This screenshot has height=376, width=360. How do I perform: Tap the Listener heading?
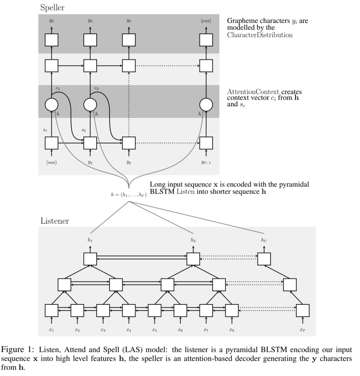pos(54,221)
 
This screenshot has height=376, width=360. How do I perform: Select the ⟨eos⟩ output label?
pos(206,21)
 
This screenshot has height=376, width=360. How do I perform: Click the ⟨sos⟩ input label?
pos(51,162)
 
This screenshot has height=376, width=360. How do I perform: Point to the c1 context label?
pos(58,89)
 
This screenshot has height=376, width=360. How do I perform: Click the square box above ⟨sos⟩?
pos(51,143)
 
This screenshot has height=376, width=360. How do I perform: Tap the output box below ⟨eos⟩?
pos(206,40)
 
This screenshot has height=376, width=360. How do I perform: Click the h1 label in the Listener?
pos(90,240)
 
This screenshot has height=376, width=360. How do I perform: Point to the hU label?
pos(264,240)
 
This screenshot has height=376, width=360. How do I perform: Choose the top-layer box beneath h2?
pos(193,259)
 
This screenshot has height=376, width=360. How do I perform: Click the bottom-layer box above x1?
pos(51,310)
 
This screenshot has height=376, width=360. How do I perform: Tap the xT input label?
pos(302,330)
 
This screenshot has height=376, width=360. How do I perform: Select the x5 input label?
pos(154,330)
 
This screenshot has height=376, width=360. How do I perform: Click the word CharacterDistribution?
pos(260,35)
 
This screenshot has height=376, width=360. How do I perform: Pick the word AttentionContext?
pos(253,92)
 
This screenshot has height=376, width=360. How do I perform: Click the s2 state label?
pos(84,130)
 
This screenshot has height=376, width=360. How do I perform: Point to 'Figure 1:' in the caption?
pos(18,350)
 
